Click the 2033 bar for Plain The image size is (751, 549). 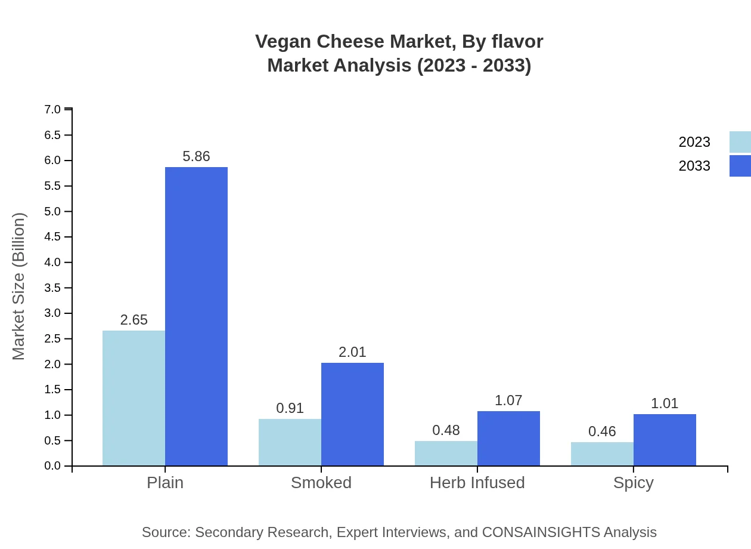pyautogui.click(x=196, y=316)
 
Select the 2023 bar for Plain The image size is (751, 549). pyautogui.click(x=134, y=398)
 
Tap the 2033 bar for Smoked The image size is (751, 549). pyautogui.click(x=352, y=414)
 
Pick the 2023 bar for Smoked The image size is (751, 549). pyautogui.click(x=290, y=442)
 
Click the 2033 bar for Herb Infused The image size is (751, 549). pyautogui.click(x=508, y=438)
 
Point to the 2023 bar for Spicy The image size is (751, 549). pyautogui.click(x=602, y=454)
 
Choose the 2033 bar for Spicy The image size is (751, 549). pyautogui.click(x=665, y=440)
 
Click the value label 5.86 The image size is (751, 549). pyautogui.click(x=196, y=156)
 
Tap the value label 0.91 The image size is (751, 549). pyautogui.click(x=290, y=408)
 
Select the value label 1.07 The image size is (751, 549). pyautogui.click(x=508, y=400)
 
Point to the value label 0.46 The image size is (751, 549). pyautogui.click(x=602, y=431)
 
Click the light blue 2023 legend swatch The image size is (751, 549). pyautogui.click(x=740, y=142)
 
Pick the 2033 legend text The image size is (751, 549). pyautogui.click(x=694, y=166)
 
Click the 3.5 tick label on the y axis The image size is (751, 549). pyautogui.click(x=52, y=288)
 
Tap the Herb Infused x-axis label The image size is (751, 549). pyautogui.click(x=477, y=483)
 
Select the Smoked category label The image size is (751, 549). pyautogui.click(x=321, y=483)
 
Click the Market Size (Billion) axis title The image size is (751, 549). pyautogui.click(x=19, y=286)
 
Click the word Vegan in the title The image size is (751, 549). pyautogui.click(x=283, y=42)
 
